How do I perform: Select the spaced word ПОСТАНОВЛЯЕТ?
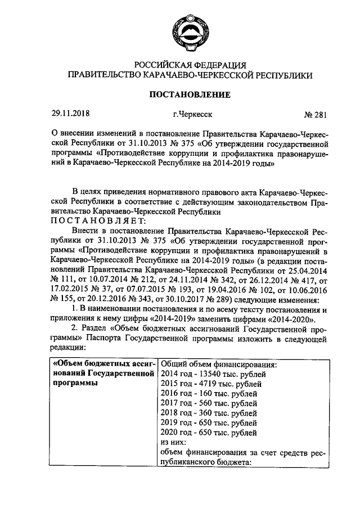click(98, 221)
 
